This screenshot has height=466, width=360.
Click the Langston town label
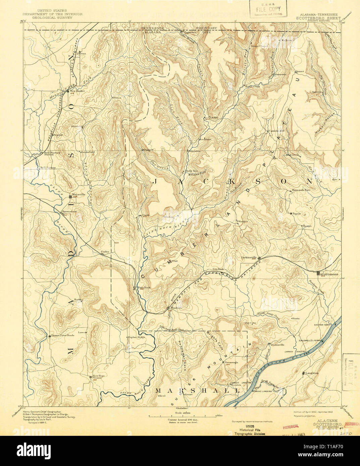pyautogui.click(x=311, y=373)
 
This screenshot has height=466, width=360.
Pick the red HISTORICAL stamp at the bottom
pyautogui.click(x=291, y=427)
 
